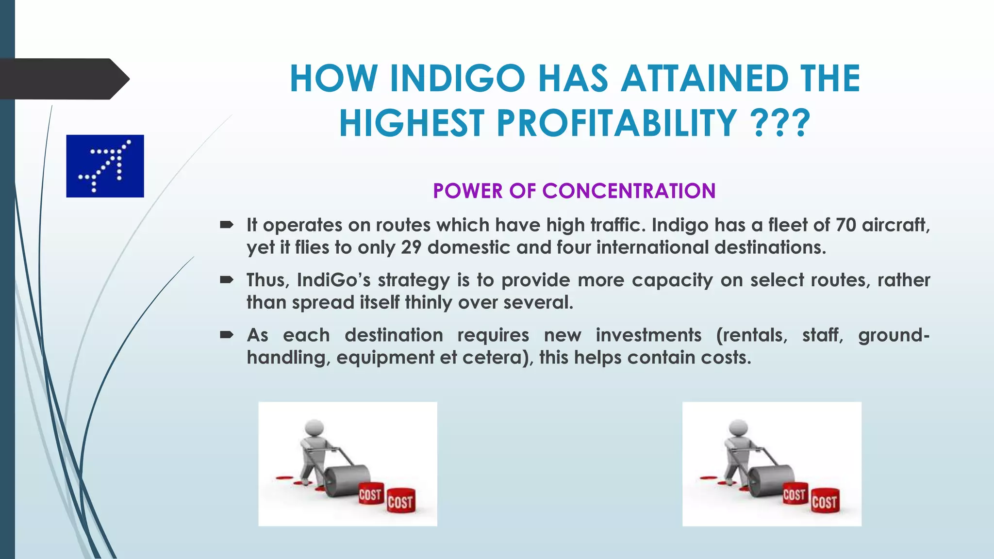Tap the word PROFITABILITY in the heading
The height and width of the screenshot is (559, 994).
[616, 123]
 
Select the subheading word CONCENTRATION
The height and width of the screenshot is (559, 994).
[629, 191]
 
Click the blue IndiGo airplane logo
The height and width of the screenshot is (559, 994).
[105, 166]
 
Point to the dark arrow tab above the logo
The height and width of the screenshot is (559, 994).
[63, 79]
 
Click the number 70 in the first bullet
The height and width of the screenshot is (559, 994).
[845, 225]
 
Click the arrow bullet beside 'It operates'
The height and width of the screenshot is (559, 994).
[227, 225]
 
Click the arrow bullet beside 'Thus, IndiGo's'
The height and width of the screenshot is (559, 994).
[227, 279]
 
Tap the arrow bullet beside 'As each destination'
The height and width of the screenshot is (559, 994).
[227, 335]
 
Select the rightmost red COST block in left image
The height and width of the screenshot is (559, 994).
[400, 501]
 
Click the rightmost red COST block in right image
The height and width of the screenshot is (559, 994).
[824, 501]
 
